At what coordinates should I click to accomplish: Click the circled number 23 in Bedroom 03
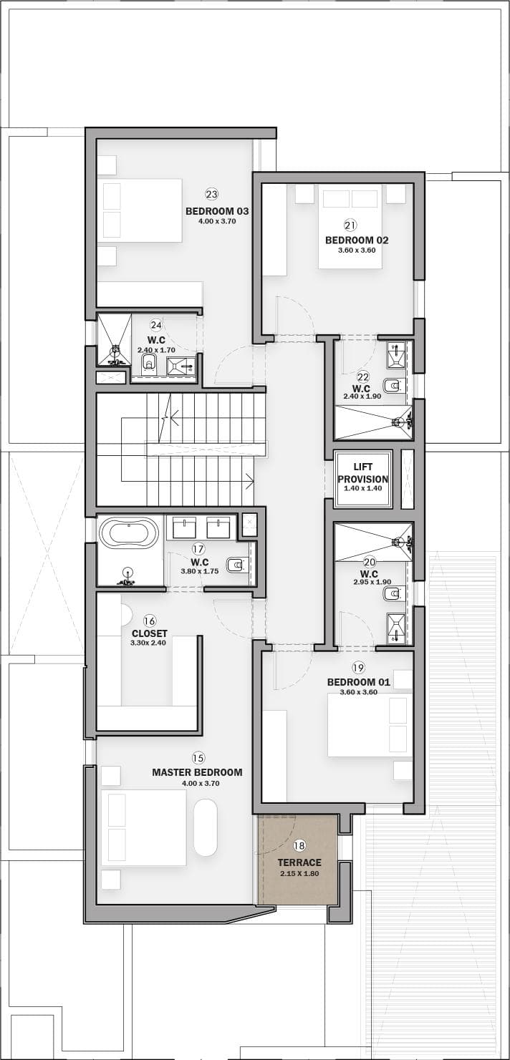tap(212, 194)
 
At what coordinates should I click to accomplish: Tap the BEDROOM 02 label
tap(357, 240)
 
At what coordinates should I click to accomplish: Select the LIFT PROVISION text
tap(363, 472)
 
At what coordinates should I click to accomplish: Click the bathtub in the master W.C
tap(129, 533)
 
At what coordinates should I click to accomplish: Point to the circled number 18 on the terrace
tap(299, 845)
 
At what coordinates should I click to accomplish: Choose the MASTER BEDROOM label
tap(197, 772)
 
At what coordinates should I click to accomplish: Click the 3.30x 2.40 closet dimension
tap(148, 643)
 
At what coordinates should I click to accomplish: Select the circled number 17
tap(198, 549)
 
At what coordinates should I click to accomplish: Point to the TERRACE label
tap(299, 862)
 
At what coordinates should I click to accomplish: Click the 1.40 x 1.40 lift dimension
tap(363, 488)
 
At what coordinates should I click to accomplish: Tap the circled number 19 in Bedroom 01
tap(358, 668)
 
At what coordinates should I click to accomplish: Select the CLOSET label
tap(150, 633)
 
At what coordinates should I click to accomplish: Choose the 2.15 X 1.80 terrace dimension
tap(299, 874)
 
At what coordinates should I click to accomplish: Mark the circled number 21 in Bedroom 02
tap(351, 225)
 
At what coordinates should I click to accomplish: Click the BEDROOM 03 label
tap(217, 211)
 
